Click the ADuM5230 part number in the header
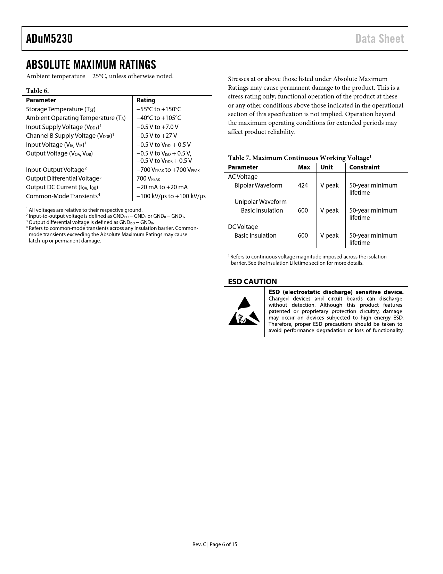pos(49,39)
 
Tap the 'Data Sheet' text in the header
pos(379,39)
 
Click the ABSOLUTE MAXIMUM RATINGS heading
pos(91,65)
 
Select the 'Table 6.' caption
pos(37,91)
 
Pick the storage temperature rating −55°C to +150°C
pos(159,109)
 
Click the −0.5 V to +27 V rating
pos(157,136)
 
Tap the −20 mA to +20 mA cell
pos(162,187)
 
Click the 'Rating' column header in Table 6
pos(146,100)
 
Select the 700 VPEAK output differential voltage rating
pos(148,178)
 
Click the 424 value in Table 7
pos(303,185)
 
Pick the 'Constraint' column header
pos(364,167)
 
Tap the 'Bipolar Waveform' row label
pos(258,185)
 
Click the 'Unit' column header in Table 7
pos(327,167)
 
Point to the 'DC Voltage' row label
pos(243,227)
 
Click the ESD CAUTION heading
pos(252,281)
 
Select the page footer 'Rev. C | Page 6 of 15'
pos(215,544)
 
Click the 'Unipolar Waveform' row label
pos(260,202)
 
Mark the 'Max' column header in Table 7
pos(304,167)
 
